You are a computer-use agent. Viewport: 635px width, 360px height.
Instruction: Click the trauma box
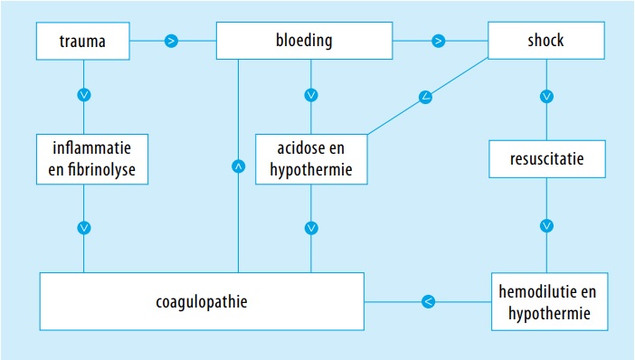point(83,41)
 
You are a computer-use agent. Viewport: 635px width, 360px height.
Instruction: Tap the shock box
point(545,41)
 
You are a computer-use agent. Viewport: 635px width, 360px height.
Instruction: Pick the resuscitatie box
point(545,160)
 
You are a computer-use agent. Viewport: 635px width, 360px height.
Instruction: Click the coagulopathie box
point(202,300)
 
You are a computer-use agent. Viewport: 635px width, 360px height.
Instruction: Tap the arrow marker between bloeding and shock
point(438,41)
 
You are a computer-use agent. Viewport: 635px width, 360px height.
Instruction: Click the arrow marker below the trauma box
point(84,93)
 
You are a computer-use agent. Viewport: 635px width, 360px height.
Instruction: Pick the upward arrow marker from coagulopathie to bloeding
point(239,166)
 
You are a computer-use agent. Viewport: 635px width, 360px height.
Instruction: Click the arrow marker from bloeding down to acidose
point(311,94)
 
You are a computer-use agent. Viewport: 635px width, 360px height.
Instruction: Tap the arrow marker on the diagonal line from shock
point(425,96)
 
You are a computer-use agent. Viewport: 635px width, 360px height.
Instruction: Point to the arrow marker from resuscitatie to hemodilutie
point(546,225)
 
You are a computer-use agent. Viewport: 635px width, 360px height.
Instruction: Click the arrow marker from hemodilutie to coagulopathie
point(429,300)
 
